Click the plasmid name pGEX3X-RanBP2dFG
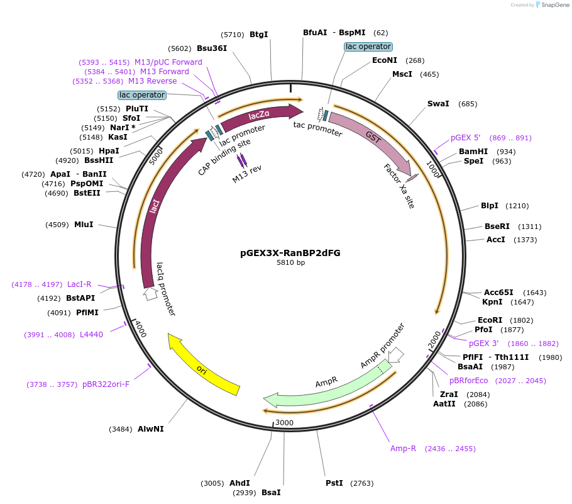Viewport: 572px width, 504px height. (290, 253)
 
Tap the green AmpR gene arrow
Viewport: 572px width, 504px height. (327, 385)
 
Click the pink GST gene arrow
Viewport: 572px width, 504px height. (371, 142)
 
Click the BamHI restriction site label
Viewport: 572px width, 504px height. (473, 152)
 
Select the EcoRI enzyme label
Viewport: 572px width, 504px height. (490, 320)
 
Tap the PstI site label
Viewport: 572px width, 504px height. (334, 483)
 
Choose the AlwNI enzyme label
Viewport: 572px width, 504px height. (151, 429)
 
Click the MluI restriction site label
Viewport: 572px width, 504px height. (84, 224)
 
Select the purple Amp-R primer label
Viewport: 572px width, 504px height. (404, 449)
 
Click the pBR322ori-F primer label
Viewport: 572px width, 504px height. (106, 384)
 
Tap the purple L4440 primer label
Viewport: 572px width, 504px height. (91, 335)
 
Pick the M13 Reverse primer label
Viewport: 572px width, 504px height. (153, 81)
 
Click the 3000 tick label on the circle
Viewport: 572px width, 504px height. (285, 423)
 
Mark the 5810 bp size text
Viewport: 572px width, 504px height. (290, 263)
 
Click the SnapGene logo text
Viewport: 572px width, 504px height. (553, 5)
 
